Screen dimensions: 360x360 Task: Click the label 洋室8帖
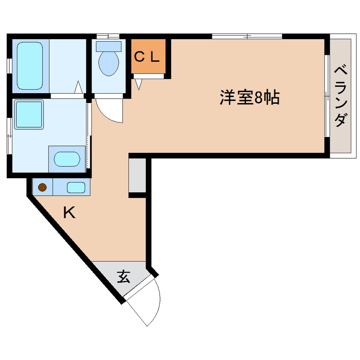click(x=249, y=98)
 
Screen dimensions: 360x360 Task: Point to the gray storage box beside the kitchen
click(x=137, y=175)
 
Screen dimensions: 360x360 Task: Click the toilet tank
click(x=109, y=46)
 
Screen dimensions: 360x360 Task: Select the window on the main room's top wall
click(x=247, y=36)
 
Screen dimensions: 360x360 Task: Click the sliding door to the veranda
click(x=327, y=96)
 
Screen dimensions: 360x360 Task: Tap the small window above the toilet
click(x=108, y=36)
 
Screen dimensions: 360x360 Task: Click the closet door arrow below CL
click(x=138, y=84)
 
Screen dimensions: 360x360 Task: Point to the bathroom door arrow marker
click(x=79, y=89)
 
